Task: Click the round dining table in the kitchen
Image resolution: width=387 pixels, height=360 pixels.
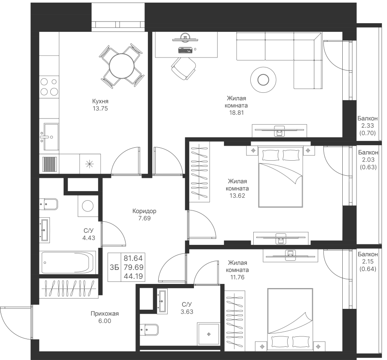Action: click(122, 66)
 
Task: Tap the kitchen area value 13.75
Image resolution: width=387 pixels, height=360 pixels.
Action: click(100, 109)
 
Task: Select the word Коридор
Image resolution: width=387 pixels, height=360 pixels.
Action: click(144, 211)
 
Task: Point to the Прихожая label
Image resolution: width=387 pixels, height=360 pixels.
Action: click(104, 314)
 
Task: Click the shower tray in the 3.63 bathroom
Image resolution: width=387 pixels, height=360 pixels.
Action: click(209, 334)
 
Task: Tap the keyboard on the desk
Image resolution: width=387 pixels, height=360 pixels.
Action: click(185, 50)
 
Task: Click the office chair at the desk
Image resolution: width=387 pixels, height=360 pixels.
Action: click(184, 68)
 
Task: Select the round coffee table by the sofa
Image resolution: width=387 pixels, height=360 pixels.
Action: click(263, 79)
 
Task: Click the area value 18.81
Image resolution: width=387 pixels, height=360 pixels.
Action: click(236, 113)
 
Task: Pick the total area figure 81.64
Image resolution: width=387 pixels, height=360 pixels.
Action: click(133, 258)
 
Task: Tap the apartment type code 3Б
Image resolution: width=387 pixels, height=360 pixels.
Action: click(114, 267)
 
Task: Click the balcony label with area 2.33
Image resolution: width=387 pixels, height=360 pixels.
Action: click(368, 119)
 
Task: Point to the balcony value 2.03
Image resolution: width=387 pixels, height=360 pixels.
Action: click(368, 159)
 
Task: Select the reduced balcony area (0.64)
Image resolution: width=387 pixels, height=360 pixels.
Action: click(368, 269)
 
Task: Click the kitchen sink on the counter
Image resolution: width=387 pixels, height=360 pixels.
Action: click(51, 137)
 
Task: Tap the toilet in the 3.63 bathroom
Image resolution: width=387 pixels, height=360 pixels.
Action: click(149, 329)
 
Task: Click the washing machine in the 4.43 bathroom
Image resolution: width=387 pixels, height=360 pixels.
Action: click(88, 206)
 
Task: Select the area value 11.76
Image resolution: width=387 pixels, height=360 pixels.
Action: click(237, 277)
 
